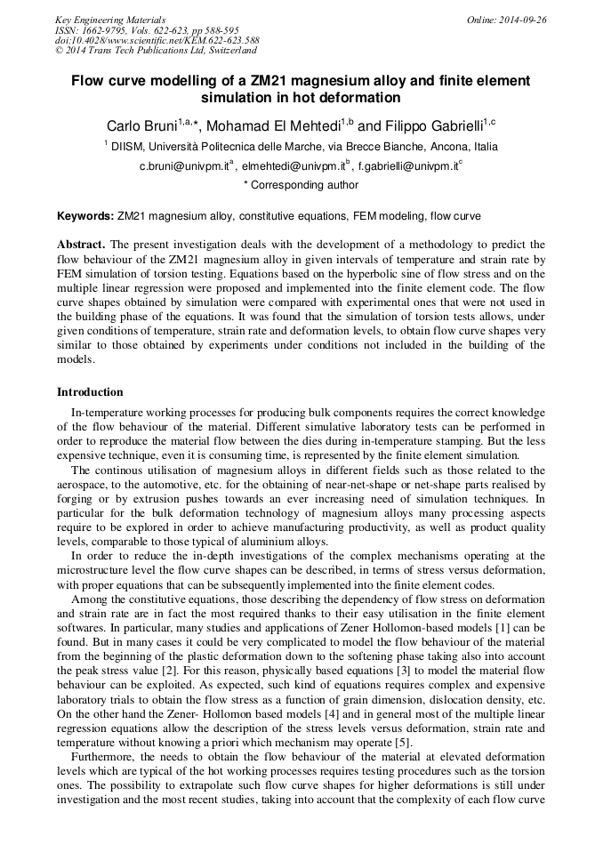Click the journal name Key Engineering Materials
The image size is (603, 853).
[109, 19]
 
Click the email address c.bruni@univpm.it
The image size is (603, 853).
[183, 165]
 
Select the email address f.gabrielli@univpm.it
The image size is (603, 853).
[405, 165]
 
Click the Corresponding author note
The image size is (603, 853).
[301, 185]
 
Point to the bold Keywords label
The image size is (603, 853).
[84, 216]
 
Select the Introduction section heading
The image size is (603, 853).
[90, 392]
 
